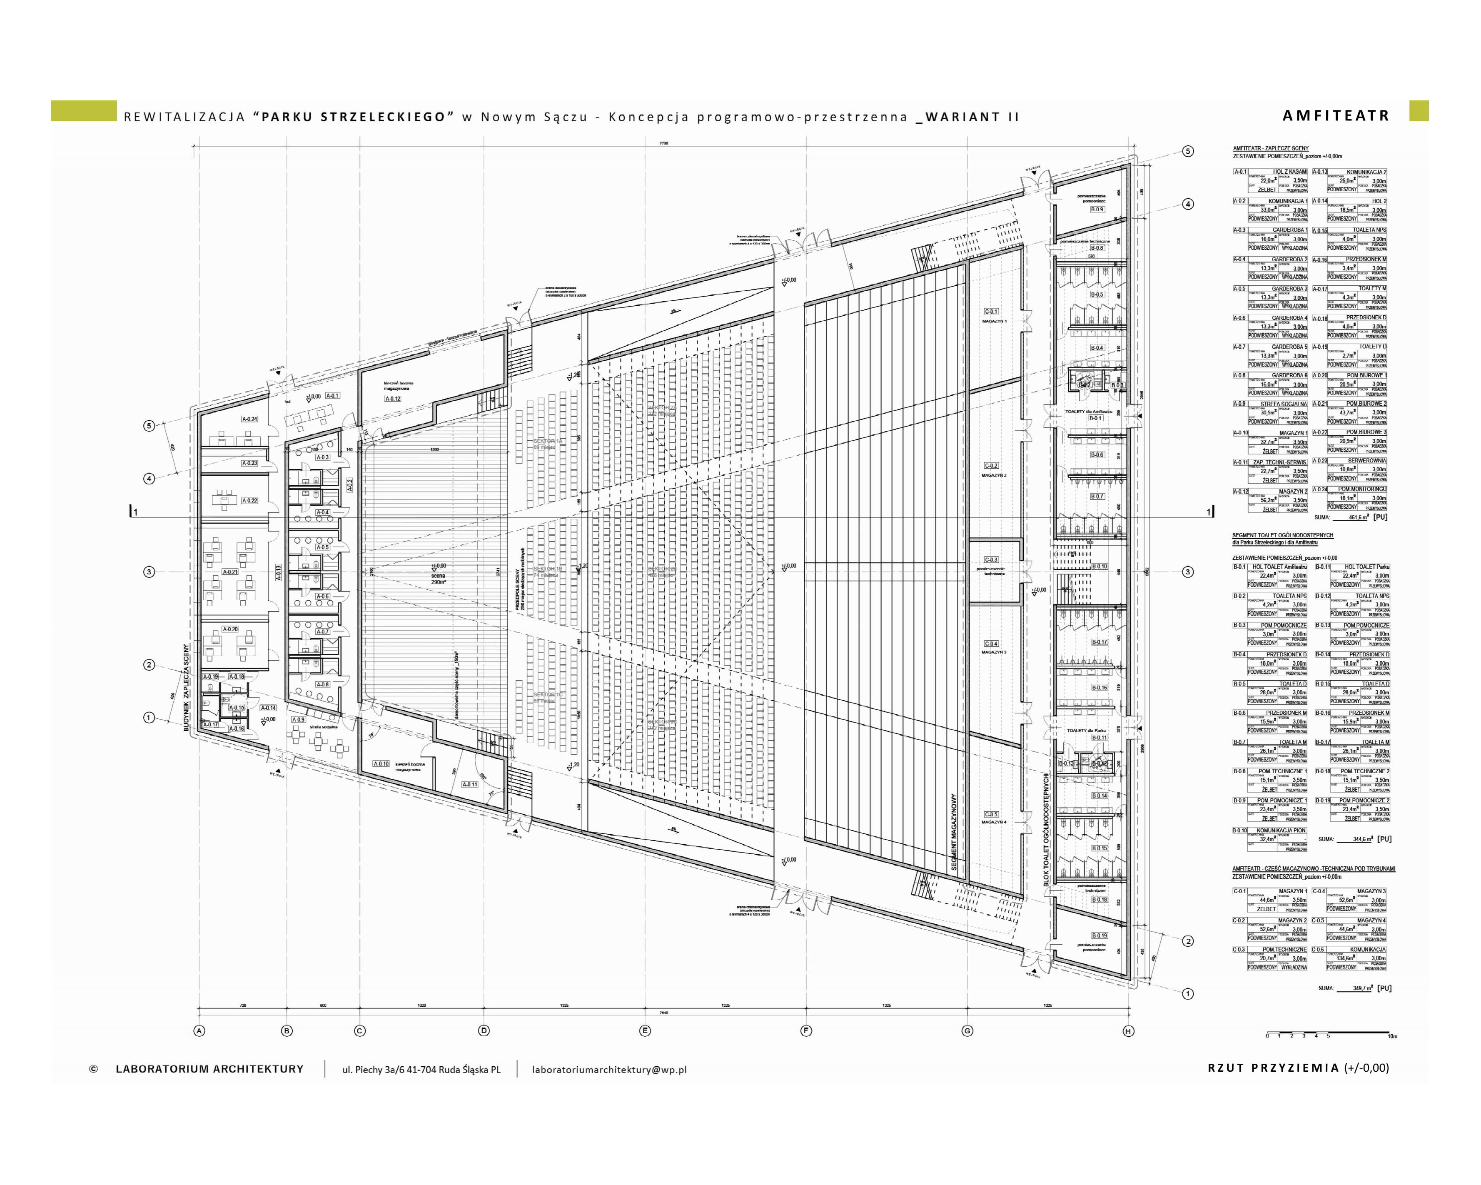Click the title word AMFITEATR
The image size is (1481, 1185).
pos(1335,115)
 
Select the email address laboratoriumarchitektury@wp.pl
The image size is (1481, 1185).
pos(608,1069)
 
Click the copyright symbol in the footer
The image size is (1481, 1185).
pos(93,1069)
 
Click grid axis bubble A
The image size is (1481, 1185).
pos(199,1030)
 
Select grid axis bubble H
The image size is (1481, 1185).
pos(1128,1030)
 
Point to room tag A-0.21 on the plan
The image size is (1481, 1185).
pos(230,571)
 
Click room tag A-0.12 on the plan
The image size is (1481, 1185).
pos(392,399)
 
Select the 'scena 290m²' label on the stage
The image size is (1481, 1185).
pos(438,578)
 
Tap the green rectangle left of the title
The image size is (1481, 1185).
pos(84,111)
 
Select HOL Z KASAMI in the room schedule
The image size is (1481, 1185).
pos(1289,172)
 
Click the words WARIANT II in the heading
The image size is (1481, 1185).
pos(972,117)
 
